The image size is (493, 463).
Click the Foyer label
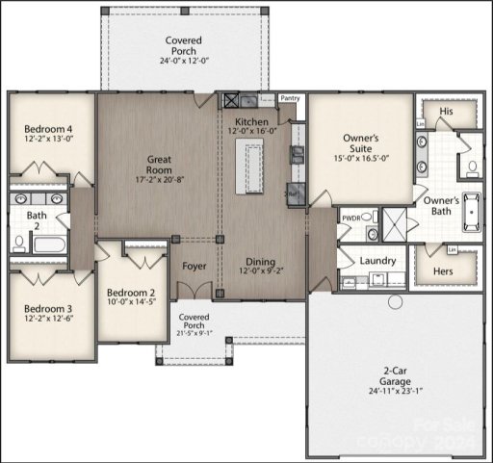(195, 265)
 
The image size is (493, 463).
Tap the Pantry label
(289, 98)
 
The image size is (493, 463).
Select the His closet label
(446, 112)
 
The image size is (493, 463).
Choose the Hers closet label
(444, 271)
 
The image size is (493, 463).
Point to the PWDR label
(350, 219)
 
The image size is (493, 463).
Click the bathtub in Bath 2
(48, 243)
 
